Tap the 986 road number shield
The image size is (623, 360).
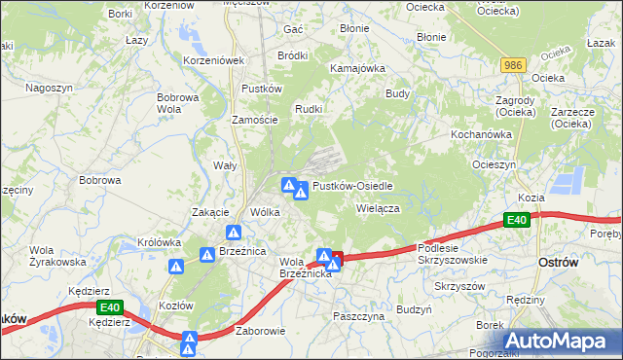(x=515, y=64)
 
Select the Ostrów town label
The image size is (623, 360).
(x=559, y=264)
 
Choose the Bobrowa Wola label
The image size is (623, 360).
(x=178, y=103)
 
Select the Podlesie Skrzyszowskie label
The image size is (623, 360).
(x=452, y=254)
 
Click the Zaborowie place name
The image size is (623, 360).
(x=260, y=331)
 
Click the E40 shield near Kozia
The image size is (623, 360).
(x=518, y=222)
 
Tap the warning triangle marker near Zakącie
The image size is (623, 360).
(x=235, y=233)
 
